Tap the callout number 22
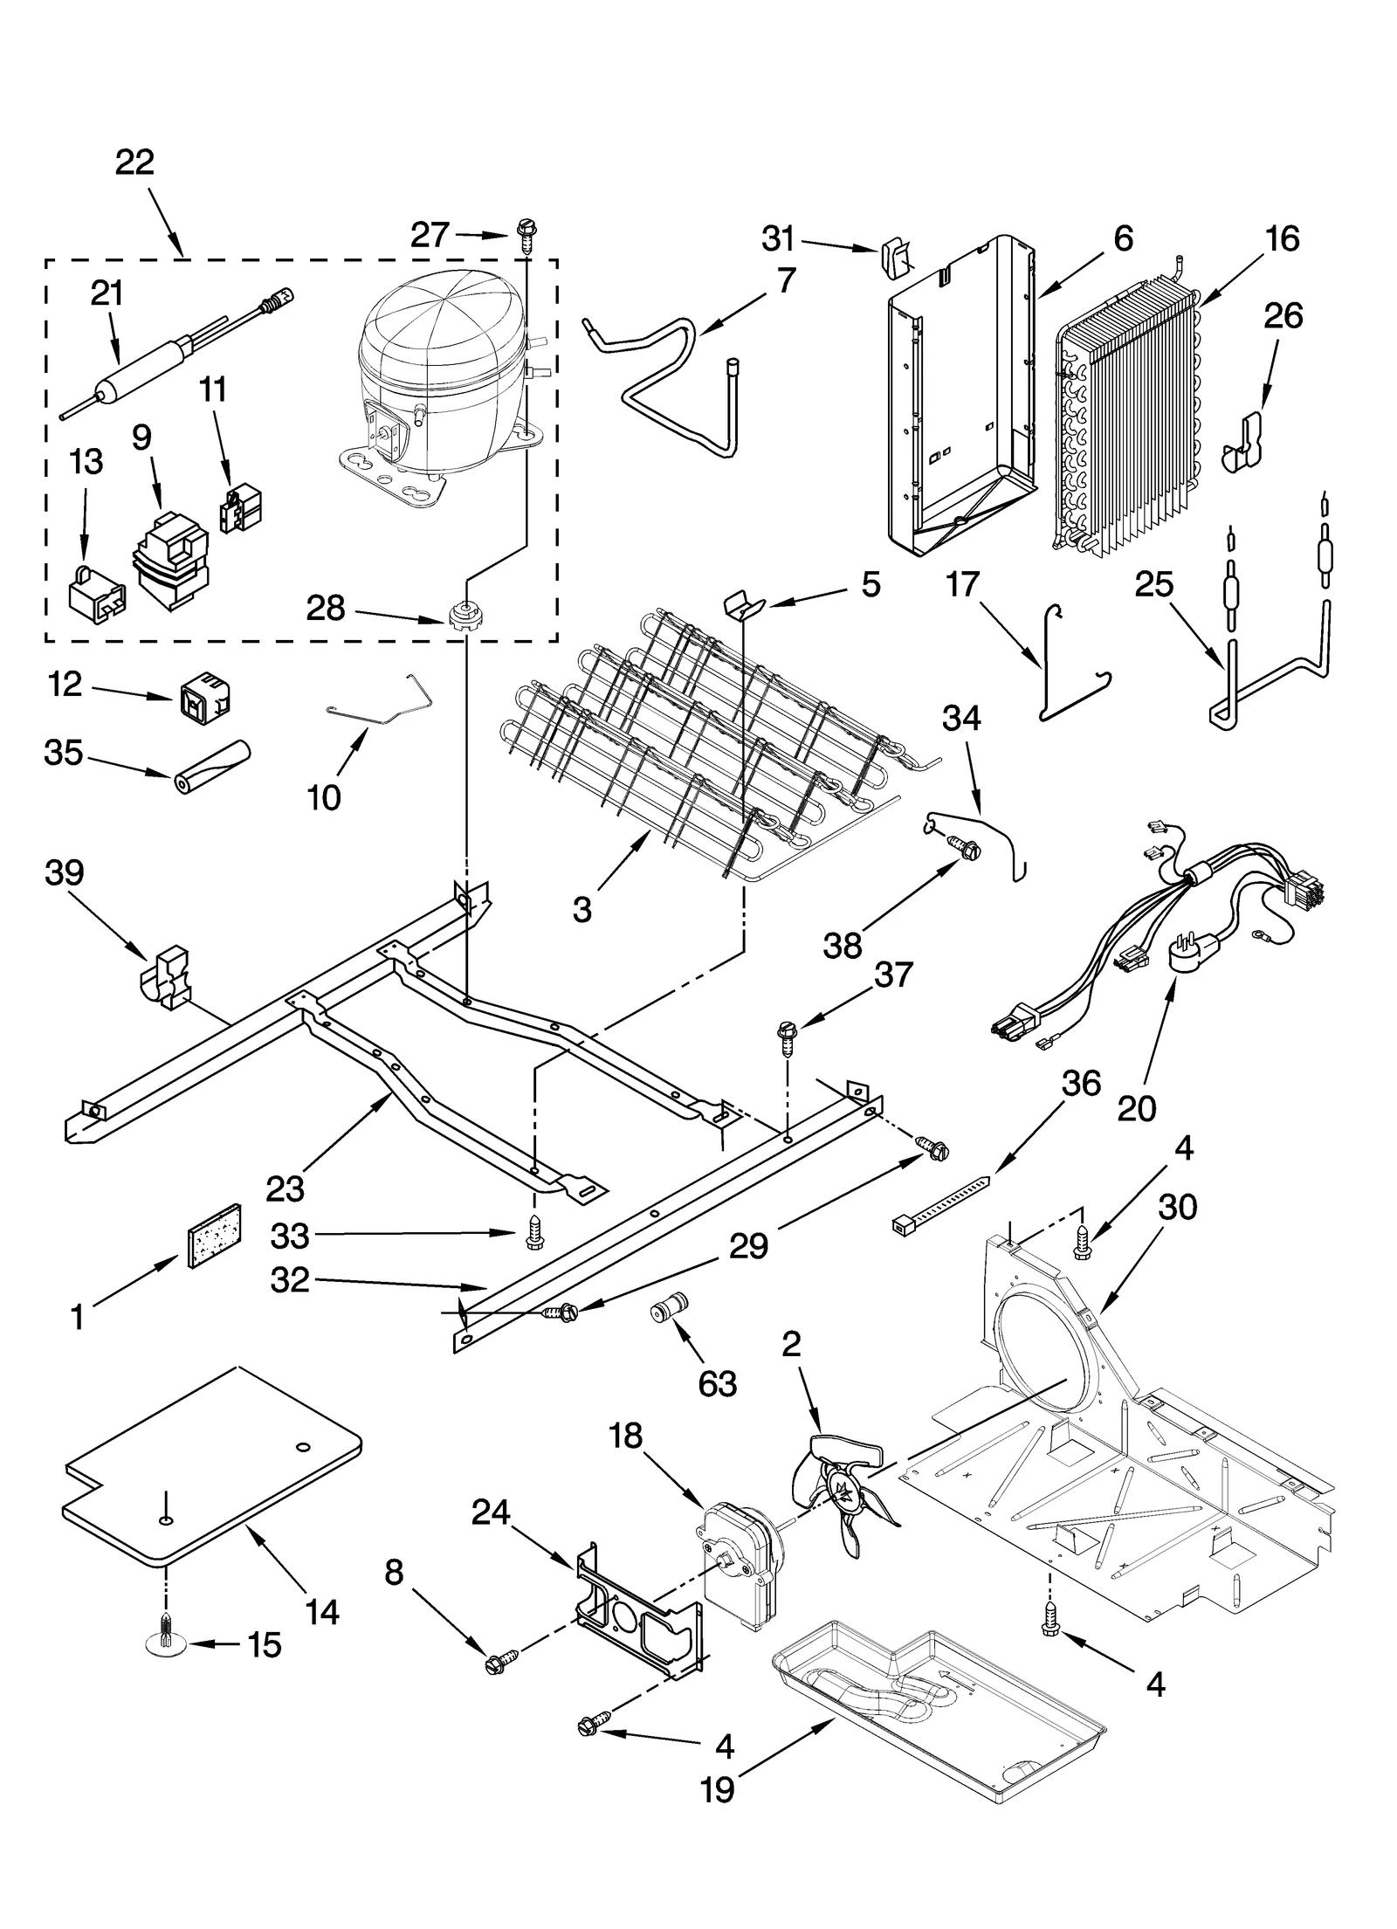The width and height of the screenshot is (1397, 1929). (134, 162)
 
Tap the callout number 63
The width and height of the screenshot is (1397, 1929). (718, 1383)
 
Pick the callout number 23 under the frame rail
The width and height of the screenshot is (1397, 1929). (285, 1188)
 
